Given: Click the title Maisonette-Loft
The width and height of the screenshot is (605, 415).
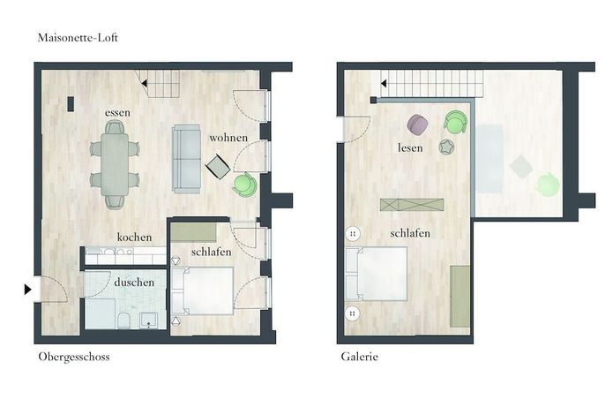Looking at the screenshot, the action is tap(78, 37).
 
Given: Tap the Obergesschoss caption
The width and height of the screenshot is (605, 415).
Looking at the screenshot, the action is tap(74, 356).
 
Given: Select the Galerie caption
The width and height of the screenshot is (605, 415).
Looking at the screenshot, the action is tap(359, 356).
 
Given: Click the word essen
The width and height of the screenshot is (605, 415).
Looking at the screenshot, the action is tap(117, 113).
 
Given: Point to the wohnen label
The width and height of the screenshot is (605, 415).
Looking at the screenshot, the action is tap(228, 138).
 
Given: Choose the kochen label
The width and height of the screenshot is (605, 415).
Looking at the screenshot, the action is tap(134, 237).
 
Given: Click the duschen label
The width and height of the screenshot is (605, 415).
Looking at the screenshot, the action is tap(134, 282).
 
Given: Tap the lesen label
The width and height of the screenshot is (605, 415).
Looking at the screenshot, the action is tap(410, 147).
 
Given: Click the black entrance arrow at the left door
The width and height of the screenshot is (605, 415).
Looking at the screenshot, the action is tap(28, 289).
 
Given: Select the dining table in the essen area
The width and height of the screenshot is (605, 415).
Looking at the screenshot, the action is tap(115, 164).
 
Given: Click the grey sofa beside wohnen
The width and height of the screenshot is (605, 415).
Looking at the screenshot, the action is tap(187, 159).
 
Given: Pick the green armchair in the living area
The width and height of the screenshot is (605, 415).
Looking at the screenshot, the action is tap(244, 185).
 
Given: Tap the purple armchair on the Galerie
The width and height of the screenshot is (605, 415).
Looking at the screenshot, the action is tap(417, 124).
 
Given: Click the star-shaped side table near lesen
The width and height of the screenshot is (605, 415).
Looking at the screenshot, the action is tap(446, 147).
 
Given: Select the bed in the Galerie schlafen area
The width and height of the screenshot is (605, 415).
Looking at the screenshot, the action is tap(377, 274).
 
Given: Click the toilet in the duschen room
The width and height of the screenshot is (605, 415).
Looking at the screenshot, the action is tap(123, 321).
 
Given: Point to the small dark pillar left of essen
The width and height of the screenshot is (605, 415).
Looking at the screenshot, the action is tap(71, 104).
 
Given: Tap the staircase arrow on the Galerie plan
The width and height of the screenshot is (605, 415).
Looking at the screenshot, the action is tap(384, 83).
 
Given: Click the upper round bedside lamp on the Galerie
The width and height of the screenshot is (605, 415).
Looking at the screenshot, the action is tap(353, 233).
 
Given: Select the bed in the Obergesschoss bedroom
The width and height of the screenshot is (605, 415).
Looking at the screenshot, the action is tap(203, 290).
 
